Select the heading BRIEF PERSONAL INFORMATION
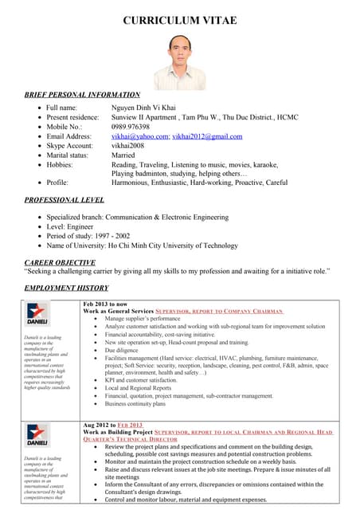(x=82, y=95)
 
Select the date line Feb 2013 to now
(x=104, y=304)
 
